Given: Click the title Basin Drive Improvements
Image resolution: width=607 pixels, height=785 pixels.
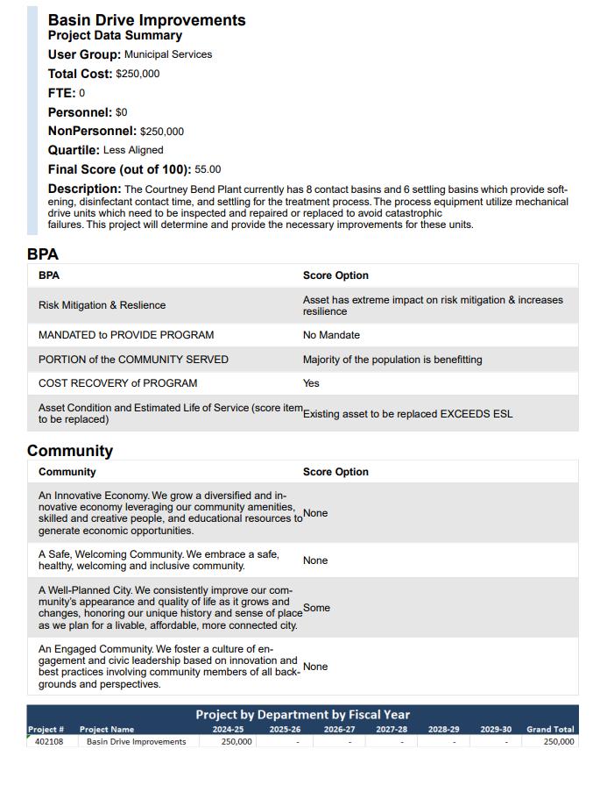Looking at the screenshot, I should [146, 20].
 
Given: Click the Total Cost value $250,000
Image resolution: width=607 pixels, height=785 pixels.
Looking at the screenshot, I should [138, 74].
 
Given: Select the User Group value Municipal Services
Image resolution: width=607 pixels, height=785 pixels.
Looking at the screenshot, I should [168, 54].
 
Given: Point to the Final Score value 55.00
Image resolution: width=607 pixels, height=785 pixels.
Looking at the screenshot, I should [208, 169].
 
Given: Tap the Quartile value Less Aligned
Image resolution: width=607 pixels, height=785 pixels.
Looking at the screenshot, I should [133, 150].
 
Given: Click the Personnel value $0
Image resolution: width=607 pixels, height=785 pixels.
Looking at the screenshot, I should [122, 112].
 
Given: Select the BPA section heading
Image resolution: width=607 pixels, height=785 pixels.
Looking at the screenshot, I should [43, 254].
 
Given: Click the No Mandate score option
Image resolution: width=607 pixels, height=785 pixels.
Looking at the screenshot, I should [331, 335].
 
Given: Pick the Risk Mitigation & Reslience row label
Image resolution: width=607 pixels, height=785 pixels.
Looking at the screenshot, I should [102, 305].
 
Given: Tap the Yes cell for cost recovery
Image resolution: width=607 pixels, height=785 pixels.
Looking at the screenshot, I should [311, 383].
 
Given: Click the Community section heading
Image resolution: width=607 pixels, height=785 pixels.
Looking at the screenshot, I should [70, 451].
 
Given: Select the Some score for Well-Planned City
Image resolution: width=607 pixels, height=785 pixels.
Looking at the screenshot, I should [316, 608].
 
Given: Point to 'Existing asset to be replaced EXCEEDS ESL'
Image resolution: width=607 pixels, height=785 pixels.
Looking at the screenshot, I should [408, 414].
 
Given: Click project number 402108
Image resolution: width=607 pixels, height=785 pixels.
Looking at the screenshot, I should [49, 742].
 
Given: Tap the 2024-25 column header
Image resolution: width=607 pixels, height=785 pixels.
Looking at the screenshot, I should [228, 730].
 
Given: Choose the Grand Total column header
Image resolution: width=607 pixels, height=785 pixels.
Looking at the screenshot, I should [550, 730].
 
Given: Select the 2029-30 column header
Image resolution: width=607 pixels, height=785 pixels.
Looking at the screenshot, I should [496, 730].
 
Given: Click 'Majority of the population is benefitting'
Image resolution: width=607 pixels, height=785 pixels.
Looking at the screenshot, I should [392, 360].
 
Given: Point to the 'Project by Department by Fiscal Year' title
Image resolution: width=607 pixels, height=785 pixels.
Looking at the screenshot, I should [302, 714].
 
